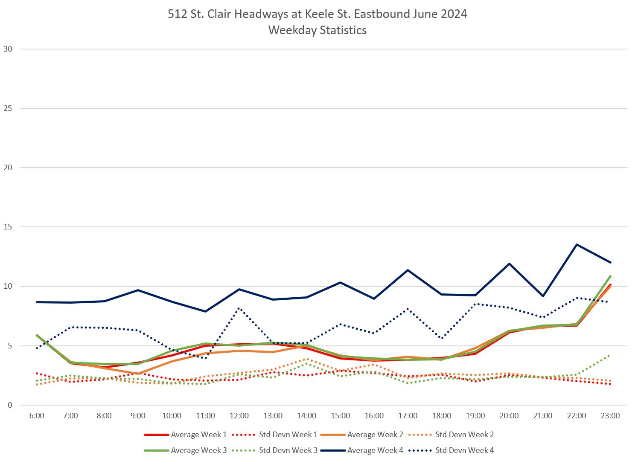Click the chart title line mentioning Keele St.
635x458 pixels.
point(317,14)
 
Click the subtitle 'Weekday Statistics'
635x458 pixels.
point(317,30)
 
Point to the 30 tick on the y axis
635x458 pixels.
point(8,49)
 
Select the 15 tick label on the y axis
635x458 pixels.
point(8,227)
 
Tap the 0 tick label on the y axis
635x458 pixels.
point(10,405)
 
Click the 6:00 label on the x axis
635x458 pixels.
point(37,416)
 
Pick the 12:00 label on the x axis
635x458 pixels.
point(239,416)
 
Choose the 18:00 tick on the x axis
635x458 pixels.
point(441,416)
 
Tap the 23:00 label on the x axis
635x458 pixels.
point(610,416)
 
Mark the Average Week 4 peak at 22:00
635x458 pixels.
point(577,244)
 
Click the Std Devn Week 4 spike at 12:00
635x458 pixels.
point(239,308)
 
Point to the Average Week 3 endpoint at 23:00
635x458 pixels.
point(610,276)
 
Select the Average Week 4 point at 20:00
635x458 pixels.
point(509,264)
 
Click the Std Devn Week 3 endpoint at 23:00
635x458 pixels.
point(610,355)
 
